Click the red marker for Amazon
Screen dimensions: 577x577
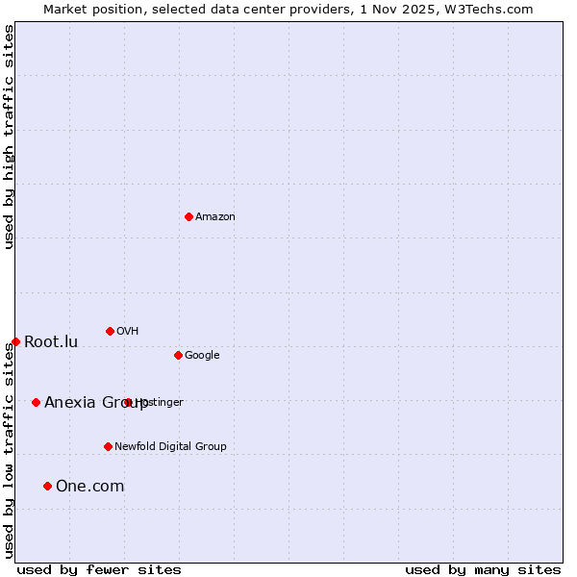click(188, 216)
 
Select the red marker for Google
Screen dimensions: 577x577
click(178, 355)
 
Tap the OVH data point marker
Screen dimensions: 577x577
click(110, 331)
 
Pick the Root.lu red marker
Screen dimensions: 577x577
click(15, 341)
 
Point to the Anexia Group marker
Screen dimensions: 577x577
click(36, 402)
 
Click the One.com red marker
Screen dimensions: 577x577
click(47, 486)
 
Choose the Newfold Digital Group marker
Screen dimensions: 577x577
click(108, 446)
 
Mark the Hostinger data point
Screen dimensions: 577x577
click(127, 402)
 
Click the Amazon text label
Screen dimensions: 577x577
click(215, 217)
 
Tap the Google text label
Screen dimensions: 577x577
click(202, 356)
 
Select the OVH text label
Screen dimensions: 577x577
click(128, 332)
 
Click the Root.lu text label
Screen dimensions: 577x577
click(51, 342)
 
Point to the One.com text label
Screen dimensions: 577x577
click(90, 487)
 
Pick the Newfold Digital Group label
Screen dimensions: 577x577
click(170, 447)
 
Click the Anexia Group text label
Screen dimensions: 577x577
click(96, 403)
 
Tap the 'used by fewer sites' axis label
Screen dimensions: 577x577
click(99, 569)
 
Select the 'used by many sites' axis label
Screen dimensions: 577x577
click(483, 569)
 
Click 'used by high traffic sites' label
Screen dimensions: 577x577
click(10, 137)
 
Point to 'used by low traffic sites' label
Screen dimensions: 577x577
click(10, 450)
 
